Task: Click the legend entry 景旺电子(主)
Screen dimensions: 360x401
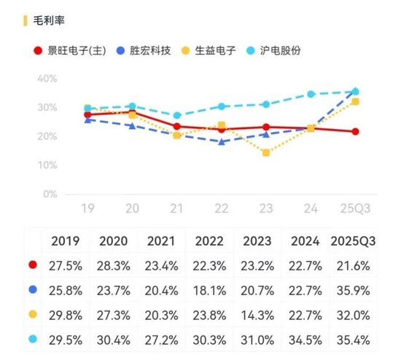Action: (x=73, y=51)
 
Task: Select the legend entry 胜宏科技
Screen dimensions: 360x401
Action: (x=149, y=51)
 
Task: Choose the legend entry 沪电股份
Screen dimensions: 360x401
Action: (x=281, y=51)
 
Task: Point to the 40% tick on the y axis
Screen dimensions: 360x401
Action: (x=47, y=79)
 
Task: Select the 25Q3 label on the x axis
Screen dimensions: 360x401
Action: (x=354, y=208)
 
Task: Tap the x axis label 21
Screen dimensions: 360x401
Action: (x=176, y=208)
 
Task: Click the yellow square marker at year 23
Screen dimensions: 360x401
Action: (x=266, y=153)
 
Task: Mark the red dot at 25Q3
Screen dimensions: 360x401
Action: (x=355, y=132)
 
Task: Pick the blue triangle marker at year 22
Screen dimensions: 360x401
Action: (x=222, y=141)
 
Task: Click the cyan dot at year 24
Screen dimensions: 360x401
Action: (x=311, y=94)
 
